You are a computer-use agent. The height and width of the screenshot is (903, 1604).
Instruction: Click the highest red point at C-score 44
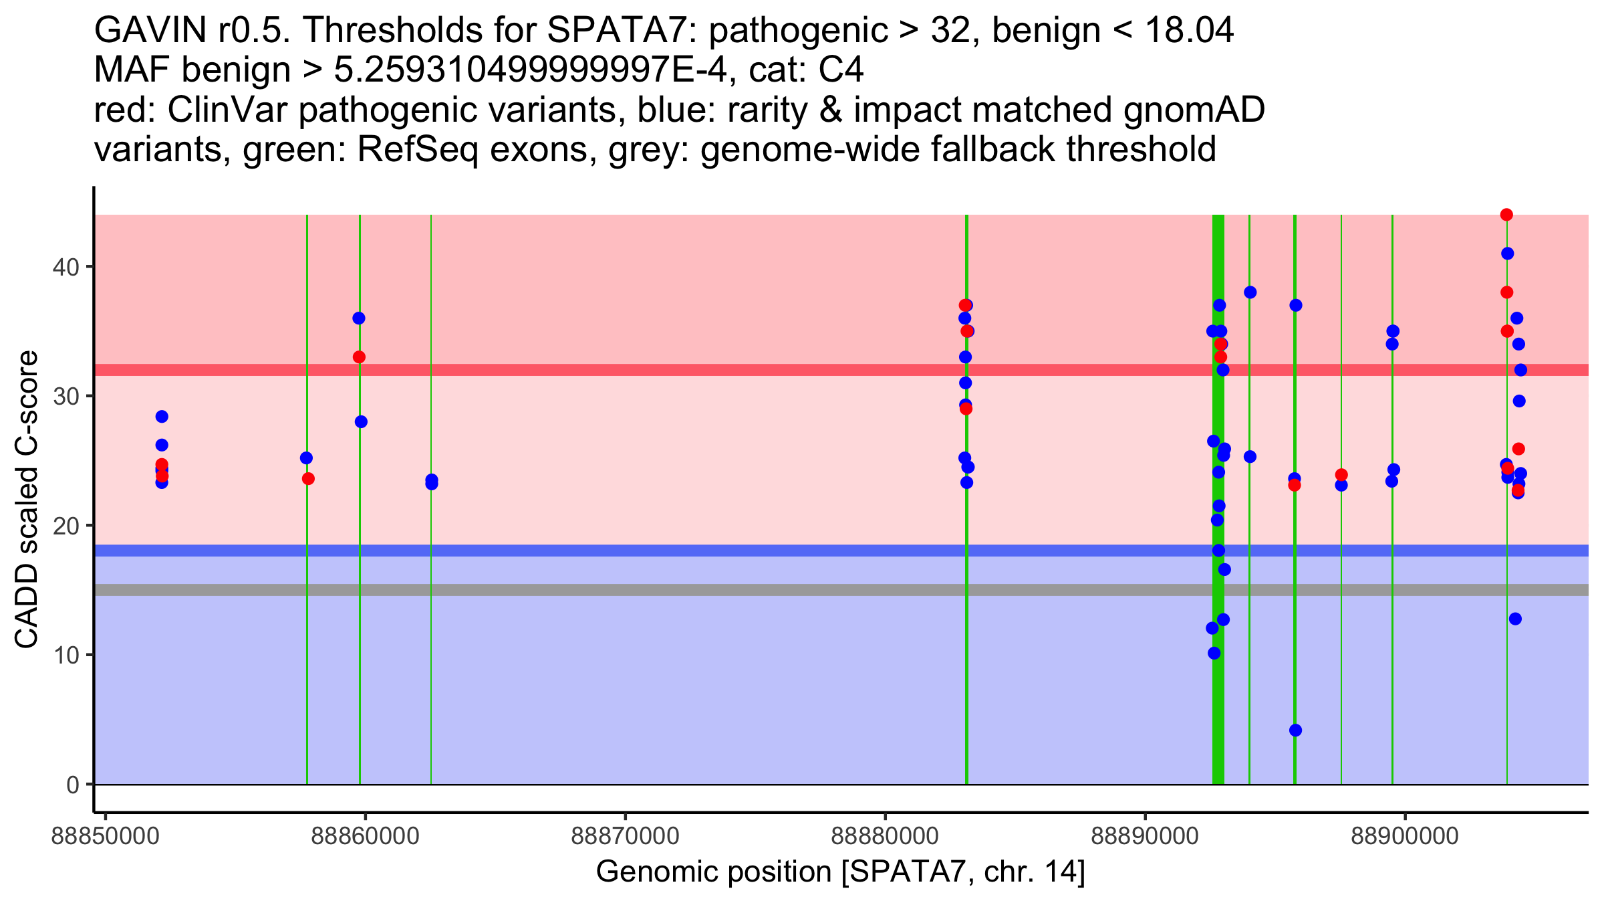[x=1506, y=215]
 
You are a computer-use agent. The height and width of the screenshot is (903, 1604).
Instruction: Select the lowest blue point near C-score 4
[x=1295, y=730]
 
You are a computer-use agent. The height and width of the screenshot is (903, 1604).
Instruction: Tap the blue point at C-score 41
[x=1507, y=254]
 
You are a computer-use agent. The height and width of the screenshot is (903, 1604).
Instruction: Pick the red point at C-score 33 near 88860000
[x=359, y=357]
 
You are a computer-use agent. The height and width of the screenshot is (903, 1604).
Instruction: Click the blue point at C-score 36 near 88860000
[x=359, y=318]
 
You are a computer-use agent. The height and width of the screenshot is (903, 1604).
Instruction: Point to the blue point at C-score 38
[x=1250, y=292]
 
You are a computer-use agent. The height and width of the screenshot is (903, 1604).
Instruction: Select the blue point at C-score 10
[x=1214, y=653]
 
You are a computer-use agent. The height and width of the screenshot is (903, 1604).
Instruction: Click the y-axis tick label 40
[x=65, y=267]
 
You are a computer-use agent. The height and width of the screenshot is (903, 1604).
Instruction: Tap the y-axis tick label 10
[x=65, y=655]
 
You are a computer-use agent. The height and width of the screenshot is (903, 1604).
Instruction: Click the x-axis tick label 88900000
[x=1405, y=836]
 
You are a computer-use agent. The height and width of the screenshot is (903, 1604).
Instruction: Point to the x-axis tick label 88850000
[x=105, y=836]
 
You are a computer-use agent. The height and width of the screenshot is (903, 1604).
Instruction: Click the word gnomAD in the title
[x=1194, y=110]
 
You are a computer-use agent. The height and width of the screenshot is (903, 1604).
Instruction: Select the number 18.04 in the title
[x=1189, y=30]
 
